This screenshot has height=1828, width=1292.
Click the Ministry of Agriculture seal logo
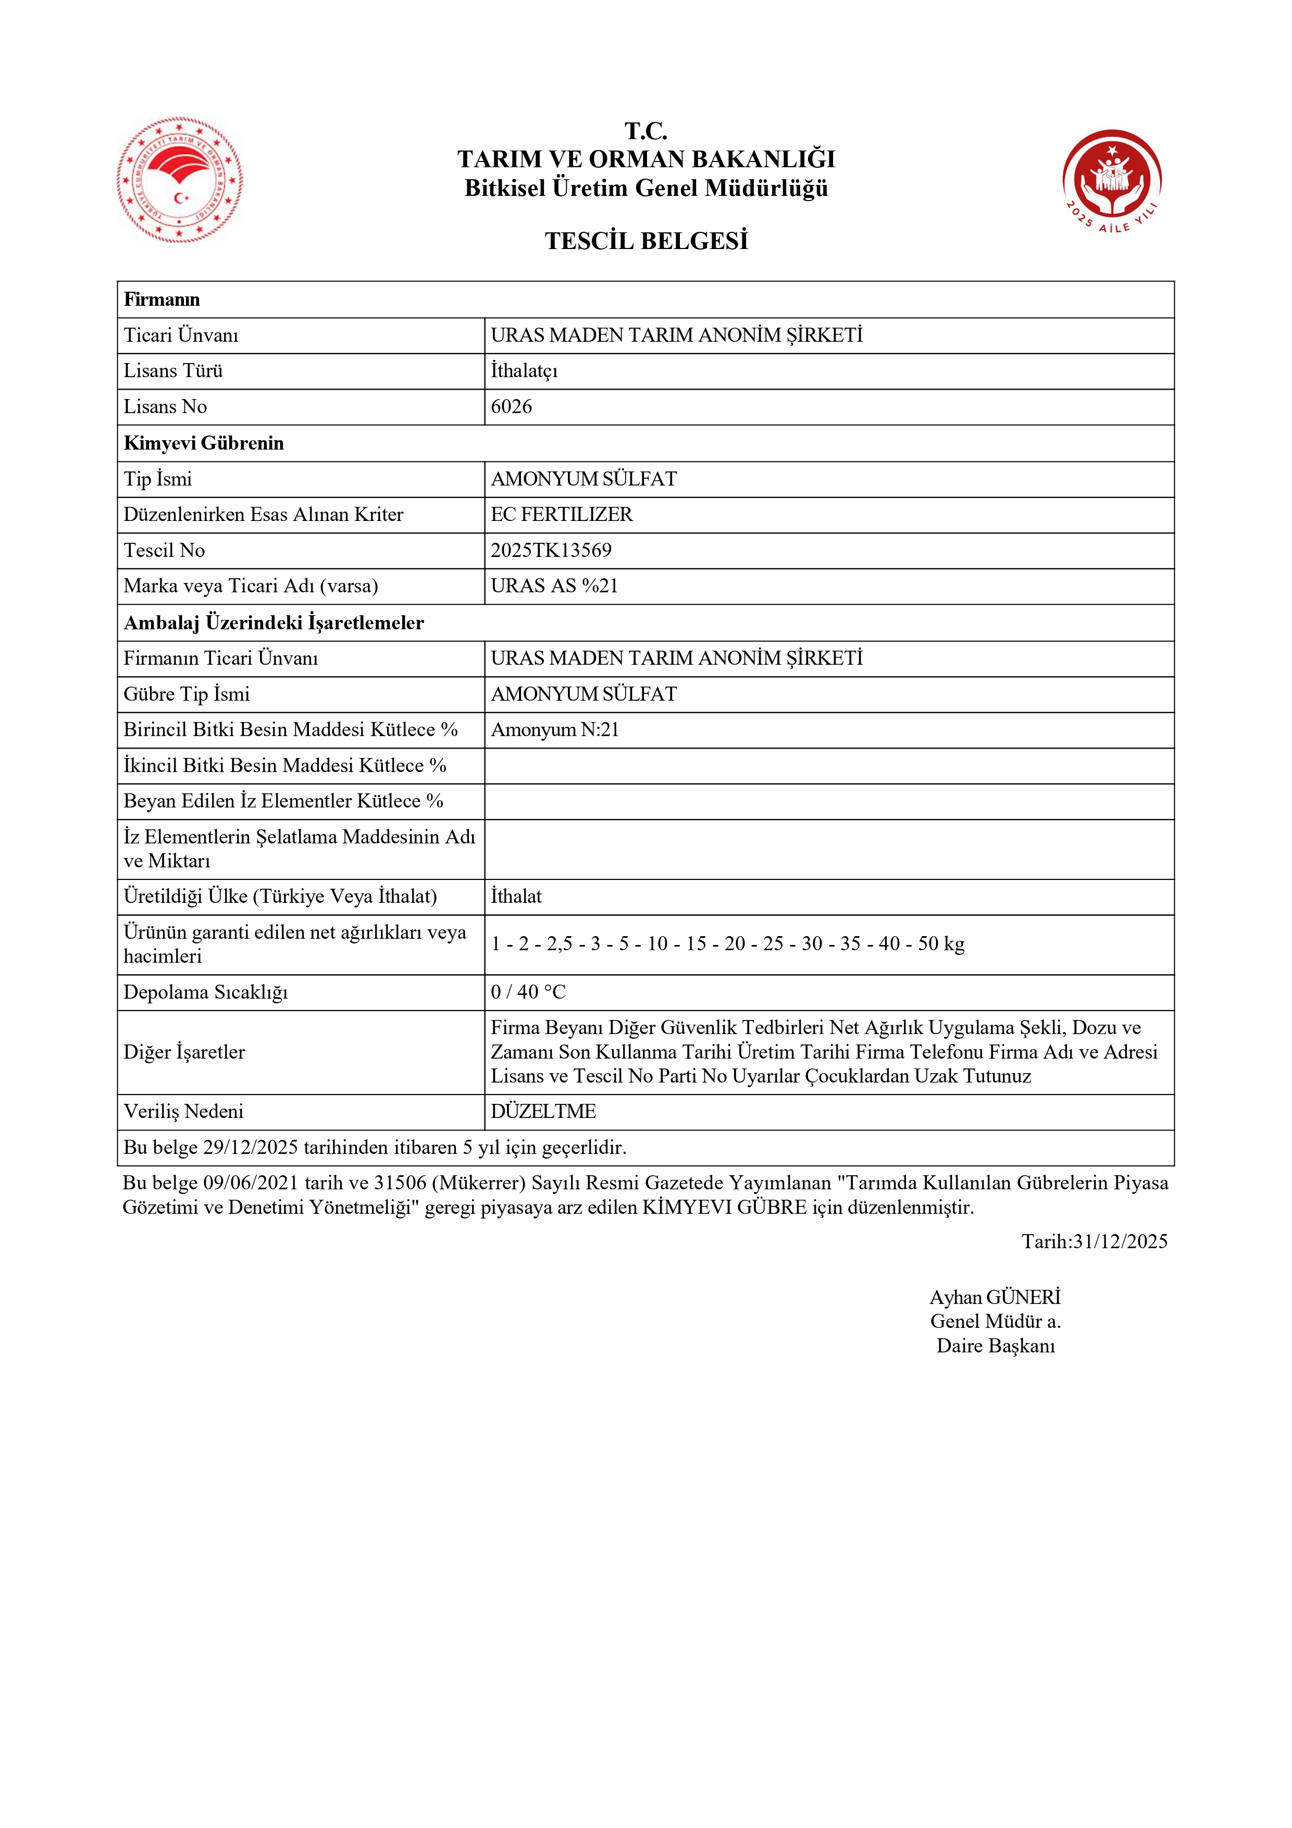180,180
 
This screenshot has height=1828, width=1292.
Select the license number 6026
511,407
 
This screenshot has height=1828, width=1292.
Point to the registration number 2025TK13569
551,550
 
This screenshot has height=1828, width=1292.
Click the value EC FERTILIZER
561,514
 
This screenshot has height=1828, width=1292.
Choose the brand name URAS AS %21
554,586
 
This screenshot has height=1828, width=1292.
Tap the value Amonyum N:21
555,729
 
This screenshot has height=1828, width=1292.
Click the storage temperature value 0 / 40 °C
528,992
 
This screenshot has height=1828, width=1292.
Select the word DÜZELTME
543,1112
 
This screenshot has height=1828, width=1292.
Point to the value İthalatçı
524,371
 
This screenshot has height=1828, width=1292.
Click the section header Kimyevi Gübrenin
204,443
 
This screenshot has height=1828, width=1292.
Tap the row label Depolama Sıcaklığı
205,992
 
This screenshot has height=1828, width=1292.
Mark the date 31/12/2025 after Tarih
1120,1241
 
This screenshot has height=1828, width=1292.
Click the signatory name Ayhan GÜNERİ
995,1297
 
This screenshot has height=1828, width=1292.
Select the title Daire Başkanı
995,1346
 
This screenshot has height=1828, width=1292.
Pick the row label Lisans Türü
173,371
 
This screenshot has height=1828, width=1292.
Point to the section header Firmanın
161,300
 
